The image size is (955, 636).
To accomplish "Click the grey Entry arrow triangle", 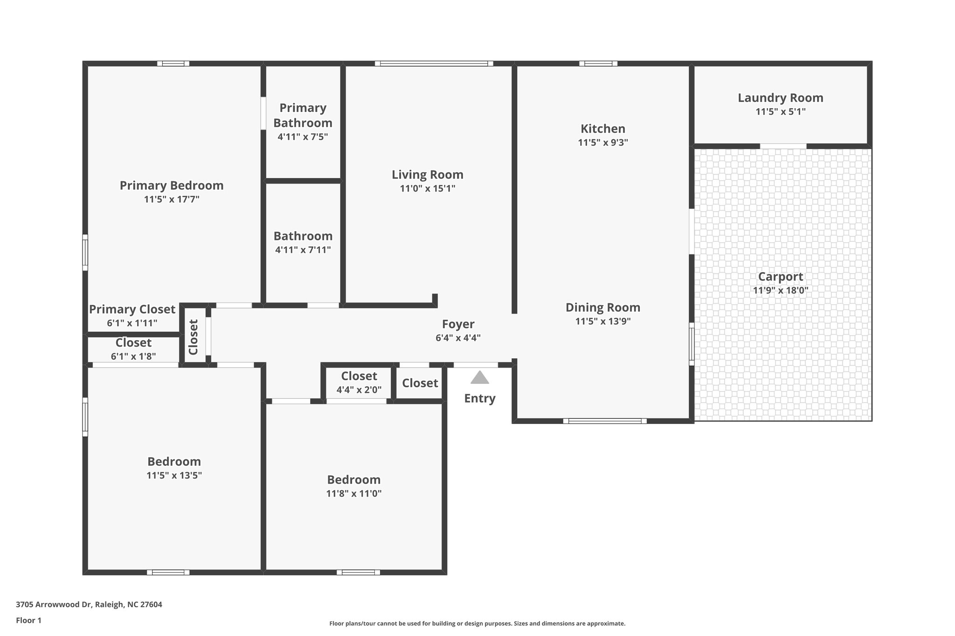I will pyautogui.click(x=479, y=378).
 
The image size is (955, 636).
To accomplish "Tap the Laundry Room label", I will pyautogui.click(x=780, y=98).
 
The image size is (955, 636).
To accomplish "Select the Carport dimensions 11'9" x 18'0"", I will pyautogui.click(x=780, y=290).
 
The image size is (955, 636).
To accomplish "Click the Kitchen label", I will pyautogui.click(x=602, y=129).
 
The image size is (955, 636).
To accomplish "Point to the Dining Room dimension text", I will pyautogui.click(x=602, y=321).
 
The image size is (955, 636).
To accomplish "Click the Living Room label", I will pyautogui.click(x=427, y=175).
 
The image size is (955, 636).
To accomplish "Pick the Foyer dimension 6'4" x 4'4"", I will pyautogui.click(x=458, y=338).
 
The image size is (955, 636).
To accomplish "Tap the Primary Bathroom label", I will pyautogui.click(x=303, y=115).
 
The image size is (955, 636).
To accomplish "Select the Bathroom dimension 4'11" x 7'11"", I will pyautogui.click(x=303, y=250).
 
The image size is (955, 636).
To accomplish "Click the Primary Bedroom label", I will pyautogui.click(x=172, y=185).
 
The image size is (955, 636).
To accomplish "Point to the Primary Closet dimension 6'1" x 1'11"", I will pyautogui.click(x=132, y=323).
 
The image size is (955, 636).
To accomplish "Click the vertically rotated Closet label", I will pyautogui.click(x=194, y=337).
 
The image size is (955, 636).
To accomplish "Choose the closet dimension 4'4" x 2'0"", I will pyautogui.click(x=359, y=390).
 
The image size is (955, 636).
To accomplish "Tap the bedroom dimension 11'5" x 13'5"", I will pyautogui.click(x=174, y=475).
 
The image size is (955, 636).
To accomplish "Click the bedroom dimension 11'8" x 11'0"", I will pyautogui.click(x=353, y=493).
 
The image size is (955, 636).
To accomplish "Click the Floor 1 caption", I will pyautogui.click(x=28, y=620).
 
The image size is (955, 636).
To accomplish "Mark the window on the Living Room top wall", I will pyautogui.click(x=434, y=63).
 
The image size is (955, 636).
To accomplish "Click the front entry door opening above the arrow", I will pyautogui.click(x=476, y=365).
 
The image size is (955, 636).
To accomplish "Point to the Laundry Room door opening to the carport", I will pyautogui.click(x=783, y=146).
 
